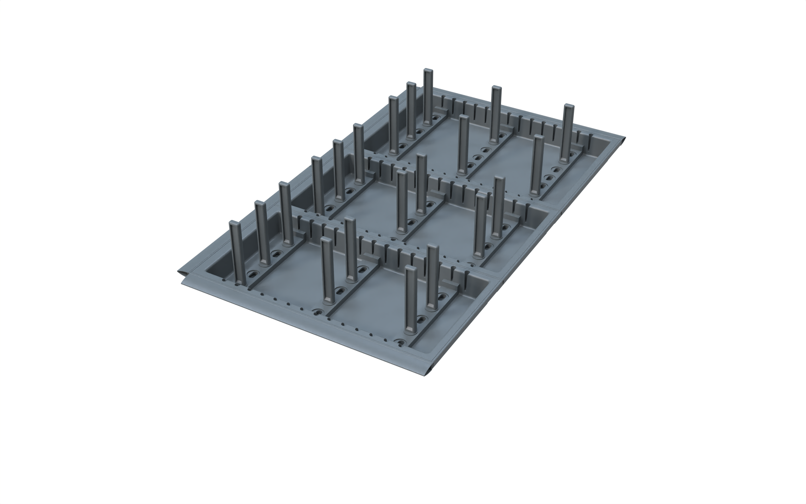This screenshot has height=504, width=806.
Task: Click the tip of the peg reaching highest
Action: pos(428,71)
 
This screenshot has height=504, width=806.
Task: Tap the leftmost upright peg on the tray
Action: pos(237,253)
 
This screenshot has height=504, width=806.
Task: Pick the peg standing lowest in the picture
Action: pos(411,300)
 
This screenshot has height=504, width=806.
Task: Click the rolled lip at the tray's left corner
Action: pos(180,273)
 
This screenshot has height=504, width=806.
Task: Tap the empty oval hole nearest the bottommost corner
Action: pos(400,342)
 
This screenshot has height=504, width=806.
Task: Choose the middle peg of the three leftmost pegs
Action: pos(263,233)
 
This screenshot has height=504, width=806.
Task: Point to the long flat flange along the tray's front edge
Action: pos(300,320)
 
